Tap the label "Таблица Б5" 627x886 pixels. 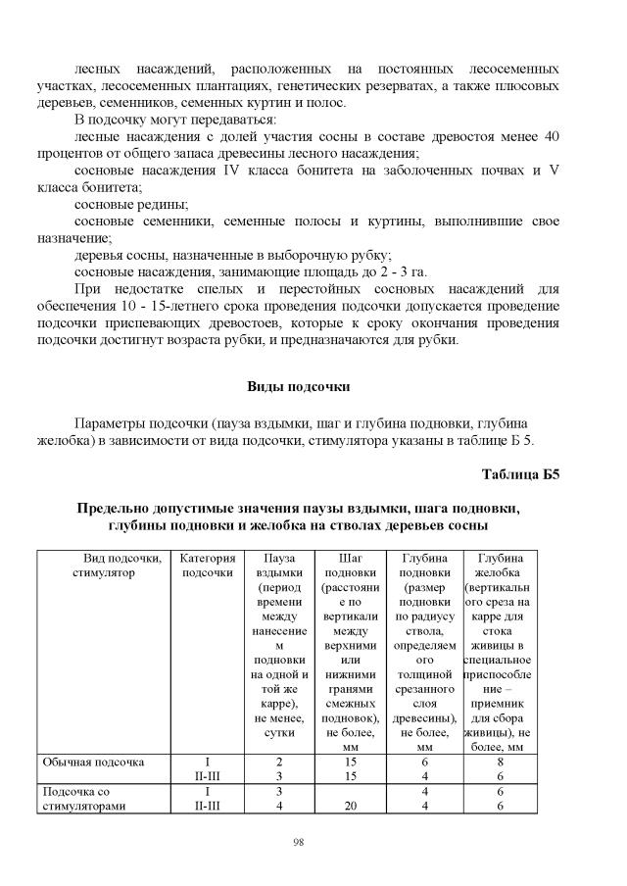520,475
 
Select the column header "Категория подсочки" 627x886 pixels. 208,566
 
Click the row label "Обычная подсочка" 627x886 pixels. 92,761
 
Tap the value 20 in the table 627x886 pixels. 348,807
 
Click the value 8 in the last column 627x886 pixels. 500,761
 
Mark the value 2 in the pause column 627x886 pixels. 279,761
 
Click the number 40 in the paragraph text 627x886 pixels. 551,137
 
